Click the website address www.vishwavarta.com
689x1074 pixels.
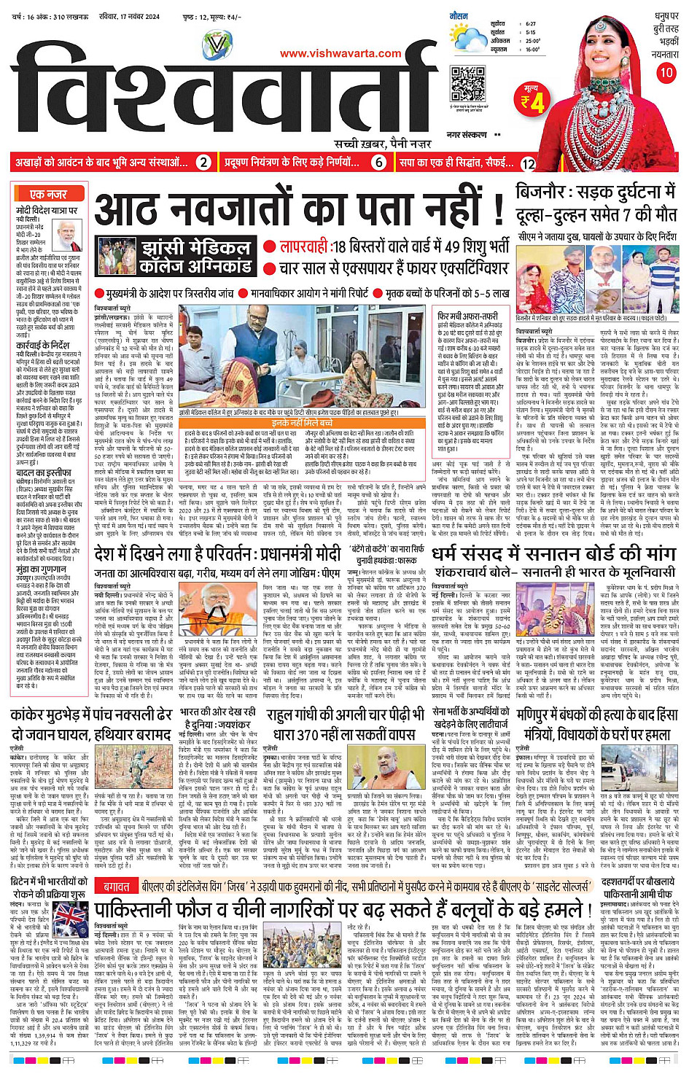(340, 53)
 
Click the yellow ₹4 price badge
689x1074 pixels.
(533, 101)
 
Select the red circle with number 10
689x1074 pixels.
(666, 72)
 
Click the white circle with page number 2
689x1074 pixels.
(204, 163)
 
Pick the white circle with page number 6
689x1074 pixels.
(378, 163)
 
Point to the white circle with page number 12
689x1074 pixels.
(529, 163)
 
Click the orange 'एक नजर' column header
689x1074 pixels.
(48, 194)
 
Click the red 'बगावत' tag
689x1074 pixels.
(116, 886)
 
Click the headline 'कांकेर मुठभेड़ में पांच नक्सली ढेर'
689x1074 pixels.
(91, 714)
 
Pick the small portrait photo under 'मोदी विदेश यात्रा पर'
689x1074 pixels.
(68, 236)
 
